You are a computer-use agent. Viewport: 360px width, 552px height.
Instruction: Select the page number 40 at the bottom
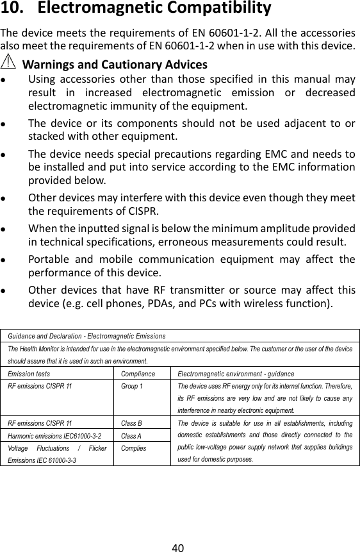point(179,531)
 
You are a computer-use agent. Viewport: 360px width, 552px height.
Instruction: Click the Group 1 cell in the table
point(132,387)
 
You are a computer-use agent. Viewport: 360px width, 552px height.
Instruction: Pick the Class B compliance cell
point(131,423)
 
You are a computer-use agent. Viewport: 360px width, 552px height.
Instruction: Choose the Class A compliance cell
point(131,435)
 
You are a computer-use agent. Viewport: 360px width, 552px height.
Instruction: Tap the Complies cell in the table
point(133,447)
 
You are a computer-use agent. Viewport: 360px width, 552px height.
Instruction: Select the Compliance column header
point(138,372)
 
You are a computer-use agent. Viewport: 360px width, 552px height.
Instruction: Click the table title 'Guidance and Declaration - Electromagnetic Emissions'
point(86,335)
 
